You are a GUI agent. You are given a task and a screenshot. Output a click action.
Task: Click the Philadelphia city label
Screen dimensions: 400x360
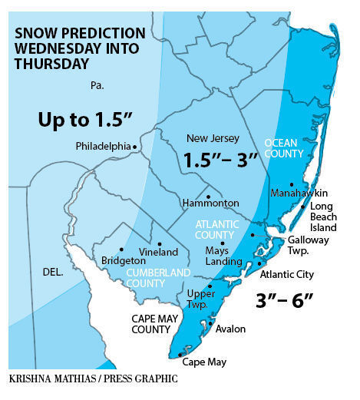pos(103,146)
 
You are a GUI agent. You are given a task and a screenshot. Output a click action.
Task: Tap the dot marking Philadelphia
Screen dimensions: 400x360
pos(135,146)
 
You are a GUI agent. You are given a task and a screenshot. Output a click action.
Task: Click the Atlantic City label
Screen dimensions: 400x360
pos(288,274)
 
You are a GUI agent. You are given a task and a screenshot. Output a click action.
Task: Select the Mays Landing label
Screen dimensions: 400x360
pos(222,256)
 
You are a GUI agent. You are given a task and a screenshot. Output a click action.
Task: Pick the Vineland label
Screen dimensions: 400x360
pos(158,252)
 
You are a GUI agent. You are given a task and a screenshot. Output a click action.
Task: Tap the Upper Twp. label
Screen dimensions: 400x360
pos(201,299)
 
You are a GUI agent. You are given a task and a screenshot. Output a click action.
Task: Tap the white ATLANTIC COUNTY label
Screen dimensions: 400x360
pos(216,230)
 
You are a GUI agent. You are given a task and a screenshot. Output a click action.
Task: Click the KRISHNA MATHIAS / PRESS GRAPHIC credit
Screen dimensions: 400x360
pos(93,379)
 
